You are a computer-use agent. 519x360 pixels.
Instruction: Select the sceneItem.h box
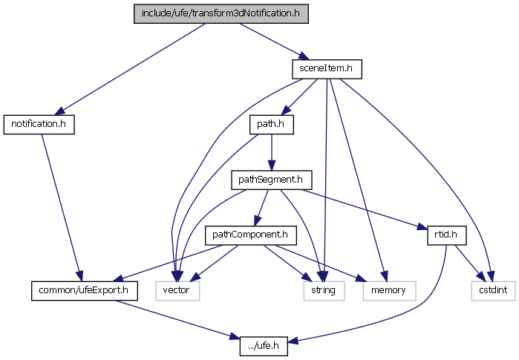pyautogui.click(x=326, y=69)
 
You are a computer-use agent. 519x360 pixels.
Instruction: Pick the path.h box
pyautogui.click(x=271, y=124)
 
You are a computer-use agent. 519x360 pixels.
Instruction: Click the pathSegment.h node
pyautogui.click(x=271, y=180)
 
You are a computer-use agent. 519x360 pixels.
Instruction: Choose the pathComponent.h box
pyautogui.click(x=250, y=235)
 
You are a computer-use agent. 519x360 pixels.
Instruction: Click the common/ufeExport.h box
pyautogui.click(x=84, y=290)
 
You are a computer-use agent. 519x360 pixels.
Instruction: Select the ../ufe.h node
pyautogui.click(x=263, y=345)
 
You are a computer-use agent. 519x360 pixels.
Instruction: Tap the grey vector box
pyautogui.click(x=177, y=290)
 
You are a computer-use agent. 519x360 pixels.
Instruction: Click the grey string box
pyautogui.click(x=324, y=290)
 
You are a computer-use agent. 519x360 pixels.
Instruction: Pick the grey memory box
pyautogui.click(x=385, y=290)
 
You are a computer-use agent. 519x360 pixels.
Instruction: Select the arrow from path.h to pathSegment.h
pyautogui.click(x=271, y=151)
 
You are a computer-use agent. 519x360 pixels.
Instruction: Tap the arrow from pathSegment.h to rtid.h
pyautogui.click(x=364, y=209)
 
